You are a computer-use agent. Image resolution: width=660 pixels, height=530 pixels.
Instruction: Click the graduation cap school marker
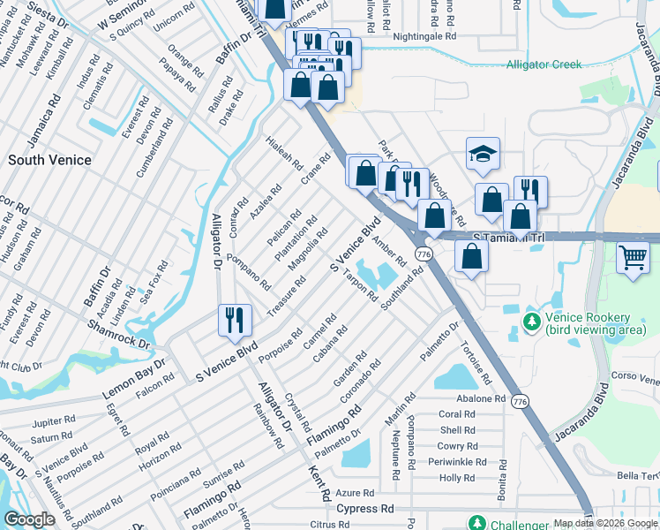483,155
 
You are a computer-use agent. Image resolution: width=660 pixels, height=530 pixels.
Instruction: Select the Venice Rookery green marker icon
531,321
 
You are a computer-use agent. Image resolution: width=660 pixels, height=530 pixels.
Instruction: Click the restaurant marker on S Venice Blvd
234,320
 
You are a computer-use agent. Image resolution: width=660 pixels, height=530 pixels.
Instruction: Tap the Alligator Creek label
547,65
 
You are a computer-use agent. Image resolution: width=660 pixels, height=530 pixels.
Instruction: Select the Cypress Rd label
364,510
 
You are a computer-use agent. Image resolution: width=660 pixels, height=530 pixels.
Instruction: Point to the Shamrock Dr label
118,335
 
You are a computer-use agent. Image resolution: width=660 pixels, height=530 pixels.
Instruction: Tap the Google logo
29,519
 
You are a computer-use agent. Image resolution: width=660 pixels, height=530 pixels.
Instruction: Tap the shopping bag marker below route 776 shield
472,257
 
